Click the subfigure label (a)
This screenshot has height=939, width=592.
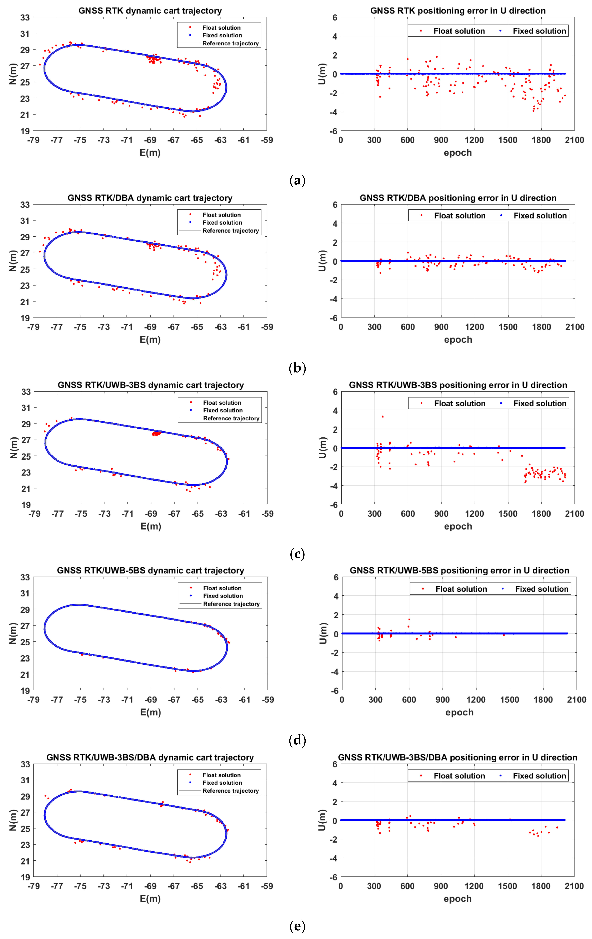297,180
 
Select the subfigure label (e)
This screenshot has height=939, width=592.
297,926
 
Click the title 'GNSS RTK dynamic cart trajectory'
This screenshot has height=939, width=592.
150,11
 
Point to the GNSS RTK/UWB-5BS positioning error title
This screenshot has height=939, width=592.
459,571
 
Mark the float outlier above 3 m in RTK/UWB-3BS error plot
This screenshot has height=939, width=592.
382,416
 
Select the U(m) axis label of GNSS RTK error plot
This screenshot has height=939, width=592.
322,74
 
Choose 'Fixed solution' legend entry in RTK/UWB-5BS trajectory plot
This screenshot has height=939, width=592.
223,596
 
